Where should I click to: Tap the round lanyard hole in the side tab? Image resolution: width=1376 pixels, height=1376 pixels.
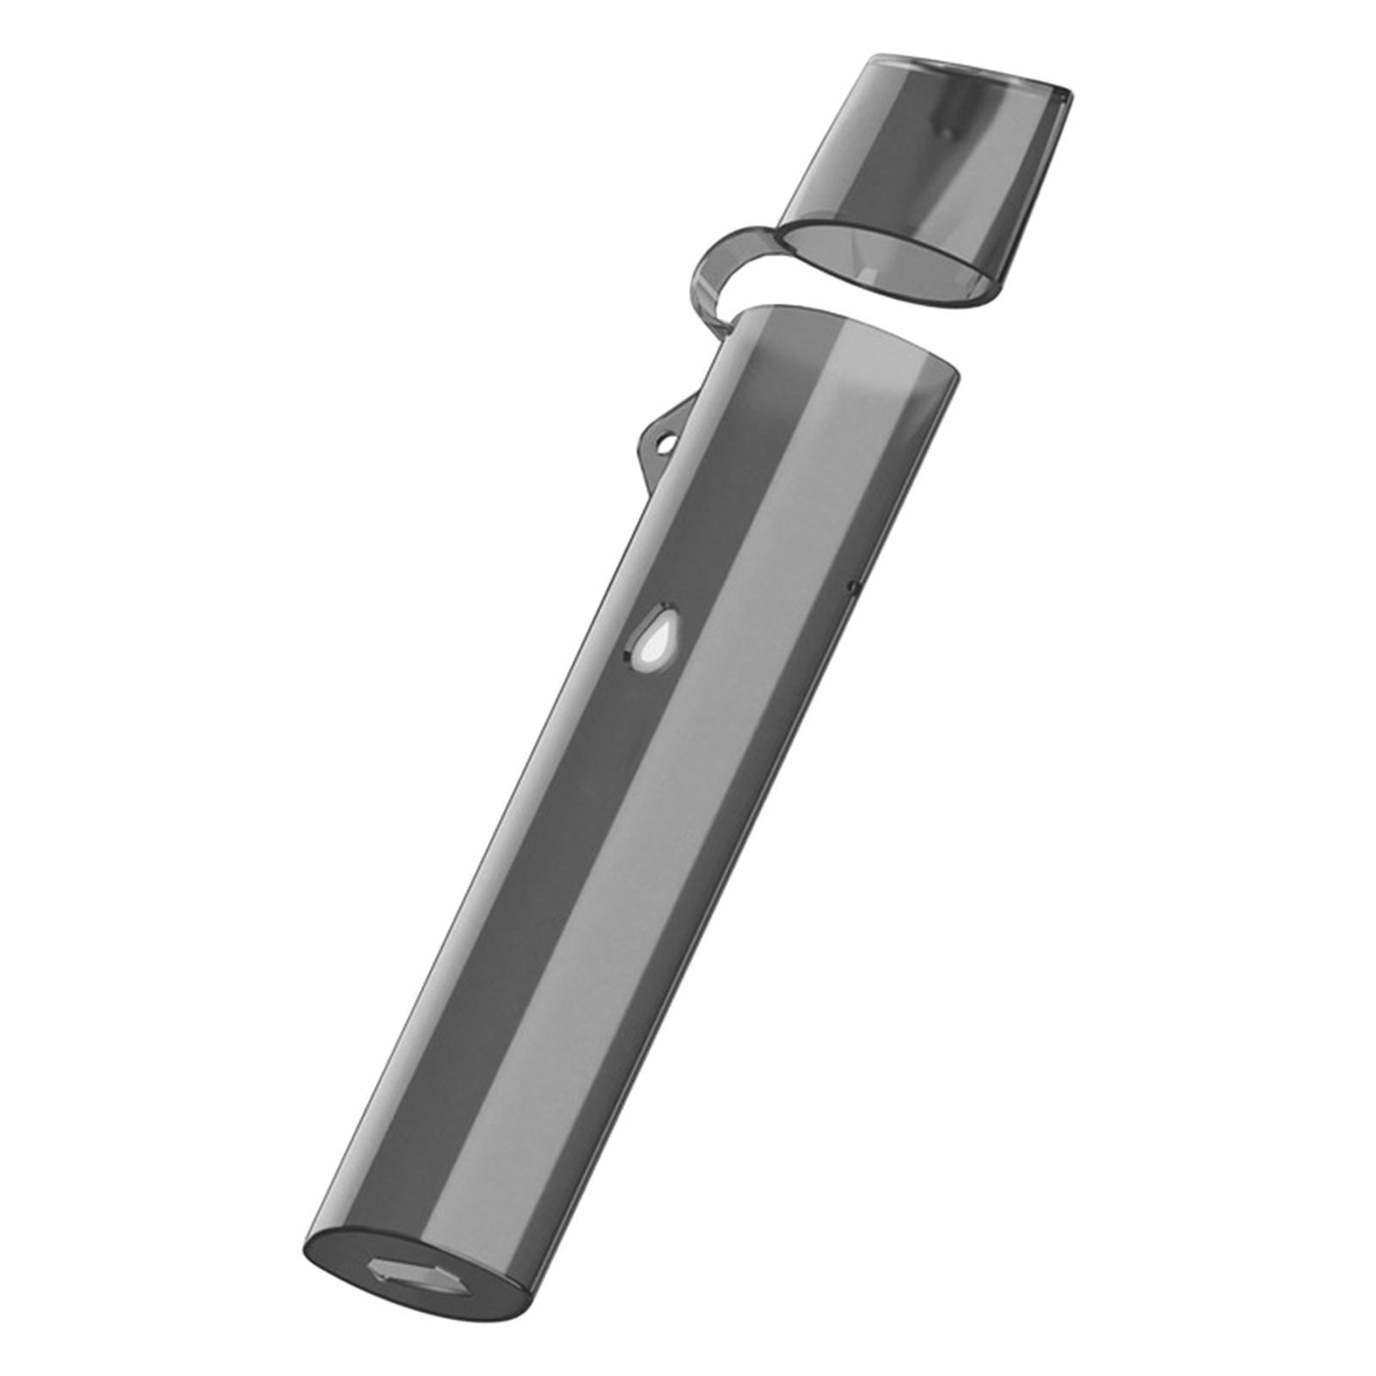[664, 445]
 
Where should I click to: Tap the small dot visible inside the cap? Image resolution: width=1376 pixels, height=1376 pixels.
[945, 132]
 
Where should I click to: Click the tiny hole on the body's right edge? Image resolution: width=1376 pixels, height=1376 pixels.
[852, 587]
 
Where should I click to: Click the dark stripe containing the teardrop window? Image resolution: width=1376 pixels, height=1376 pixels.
[602, 774]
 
